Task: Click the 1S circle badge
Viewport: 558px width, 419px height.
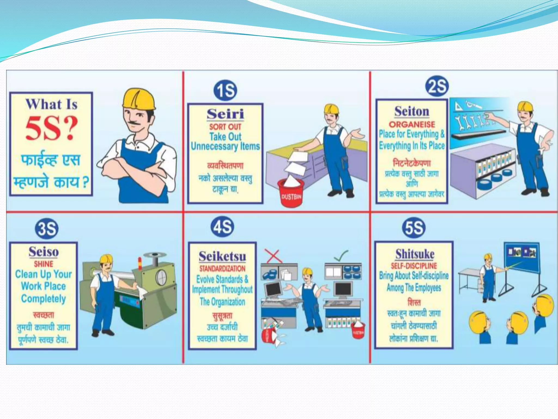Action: click(x=225, y=91)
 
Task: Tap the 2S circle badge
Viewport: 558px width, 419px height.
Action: click(x=437, y=86)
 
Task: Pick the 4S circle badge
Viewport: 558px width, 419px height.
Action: click(x=223, y=227)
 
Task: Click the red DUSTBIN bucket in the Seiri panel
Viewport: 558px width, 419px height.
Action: click(x=291, y=193)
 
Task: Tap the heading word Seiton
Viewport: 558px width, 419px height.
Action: click(x=412, y=112)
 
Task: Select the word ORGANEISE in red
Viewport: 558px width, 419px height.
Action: click(x=412, y=125)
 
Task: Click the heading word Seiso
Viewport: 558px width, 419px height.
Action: click(x=44, y=252)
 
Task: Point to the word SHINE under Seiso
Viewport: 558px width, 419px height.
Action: click(x=44, y=264)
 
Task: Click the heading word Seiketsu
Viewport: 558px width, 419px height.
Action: click(x=222, y=256)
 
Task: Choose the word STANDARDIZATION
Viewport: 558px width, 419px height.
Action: click(x=222, y=269)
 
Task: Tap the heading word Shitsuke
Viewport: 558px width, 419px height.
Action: click(x=415, y=254)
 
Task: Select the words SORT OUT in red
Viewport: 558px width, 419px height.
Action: click(x=225, y=127)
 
